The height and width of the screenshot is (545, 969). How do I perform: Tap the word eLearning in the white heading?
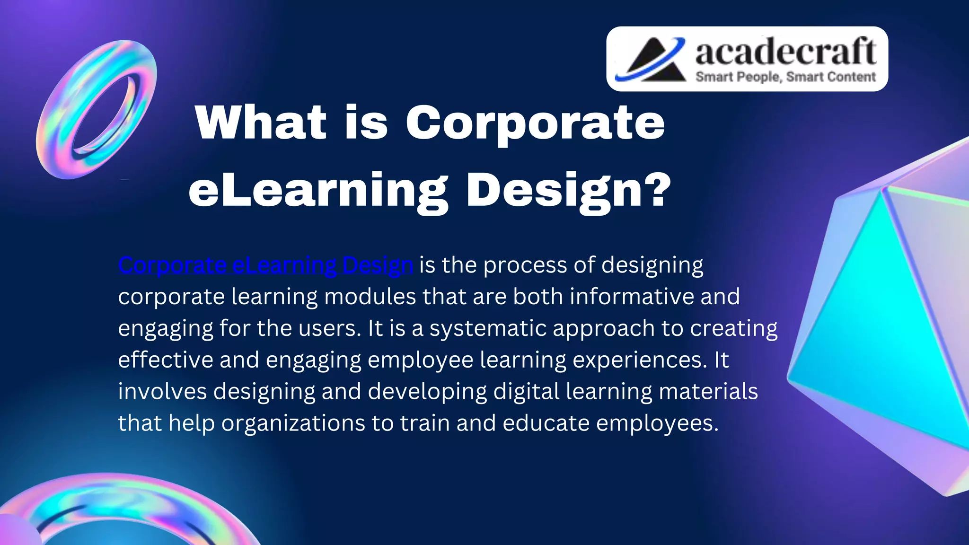click(x=318, y=190)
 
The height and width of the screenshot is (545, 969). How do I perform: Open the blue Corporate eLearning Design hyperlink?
click(x=265, y=265)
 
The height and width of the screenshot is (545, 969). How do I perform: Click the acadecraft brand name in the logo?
click(x=785, y=52)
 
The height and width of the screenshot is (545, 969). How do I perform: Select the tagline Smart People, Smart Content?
click(x=785, y=77)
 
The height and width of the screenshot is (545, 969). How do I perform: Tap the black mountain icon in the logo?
click(x=655, y=61)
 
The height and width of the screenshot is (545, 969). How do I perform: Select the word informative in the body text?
click(x=632, y=297)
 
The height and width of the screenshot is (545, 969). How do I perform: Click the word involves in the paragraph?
click(x=162, y=392)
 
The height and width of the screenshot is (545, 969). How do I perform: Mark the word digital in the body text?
click(x=526, y=392)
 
